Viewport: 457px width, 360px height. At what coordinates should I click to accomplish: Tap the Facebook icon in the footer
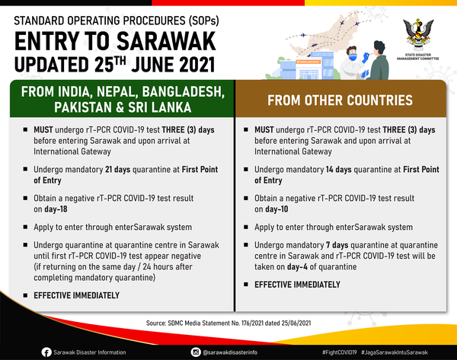[46, 352]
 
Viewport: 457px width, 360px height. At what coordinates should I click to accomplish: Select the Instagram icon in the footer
[196, 352]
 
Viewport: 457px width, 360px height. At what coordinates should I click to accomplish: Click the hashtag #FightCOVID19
[339, 352]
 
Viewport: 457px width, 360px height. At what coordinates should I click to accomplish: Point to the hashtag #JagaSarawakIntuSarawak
[395, 352]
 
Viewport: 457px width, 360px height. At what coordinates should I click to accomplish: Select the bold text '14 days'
[339, 170]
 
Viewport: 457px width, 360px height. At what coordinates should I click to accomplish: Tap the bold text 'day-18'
[56, 209]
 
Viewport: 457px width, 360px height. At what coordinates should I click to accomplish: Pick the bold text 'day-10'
[276, 209]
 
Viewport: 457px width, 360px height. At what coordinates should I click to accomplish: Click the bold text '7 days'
[337, 245]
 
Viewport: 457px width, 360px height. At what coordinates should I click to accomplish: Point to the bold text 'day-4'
[297, 267]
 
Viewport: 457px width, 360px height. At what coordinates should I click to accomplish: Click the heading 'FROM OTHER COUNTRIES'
[340, 100]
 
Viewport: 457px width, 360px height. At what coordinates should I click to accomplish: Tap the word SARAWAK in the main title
[166, 41]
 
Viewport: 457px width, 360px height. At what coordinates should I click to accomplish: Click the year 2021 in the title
[197, 65]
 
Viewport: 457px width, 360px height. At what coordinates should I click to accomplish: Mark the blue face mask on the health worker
[353, 57]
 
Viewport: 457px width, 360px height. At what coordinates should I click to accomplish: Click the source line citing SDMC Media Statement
[228, 323]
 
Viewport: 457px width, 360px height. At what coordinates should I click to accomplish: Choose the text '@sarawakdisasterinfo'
[230, 352]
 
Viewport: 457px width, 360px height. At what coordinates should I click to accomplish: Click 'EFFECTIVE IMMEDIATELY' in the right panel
[297, 285]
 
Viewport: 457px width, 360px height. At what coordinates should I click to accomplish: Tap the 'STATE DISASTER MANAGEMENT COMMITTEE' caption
[418, 56]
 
